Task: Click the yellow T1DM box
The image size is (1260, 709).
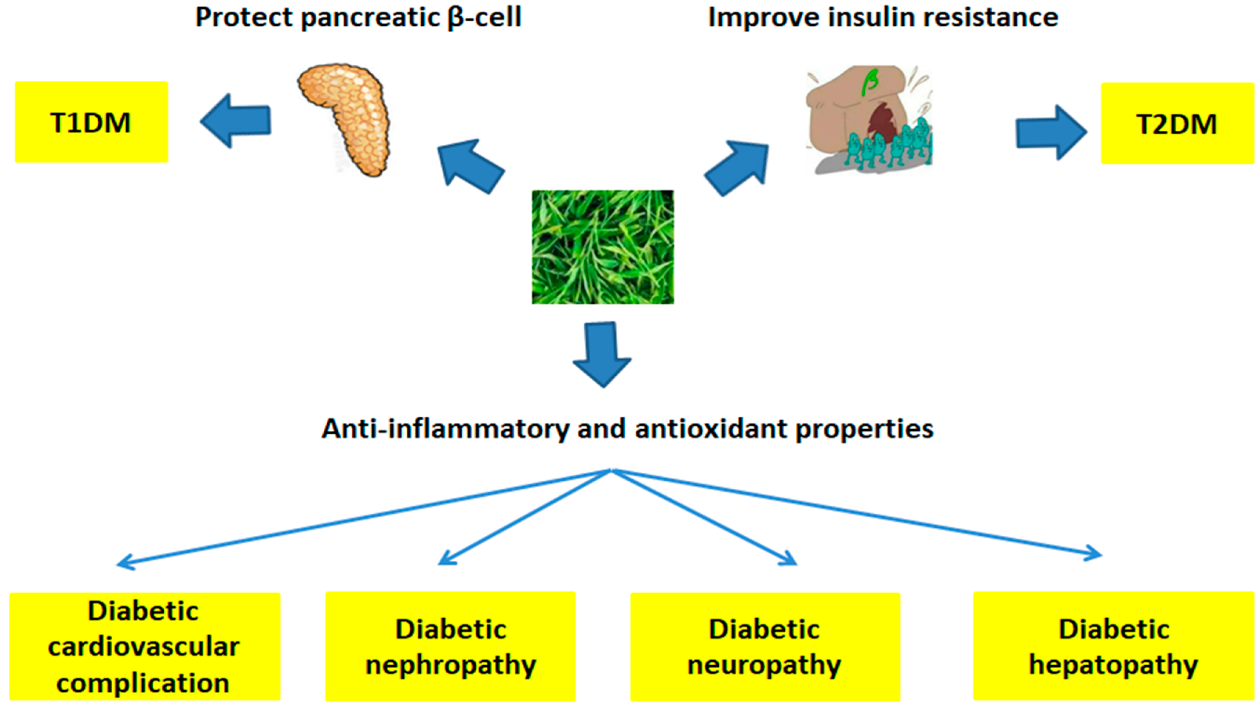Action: [x=91, y=122]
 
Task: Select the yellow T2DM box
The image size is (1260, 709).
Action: [x=1177, y=123]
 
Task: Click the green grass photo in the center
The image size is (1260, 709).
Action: [x=603, y=247]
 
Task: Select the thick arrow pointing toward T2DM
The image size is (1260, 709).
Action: [x=1051, y=132]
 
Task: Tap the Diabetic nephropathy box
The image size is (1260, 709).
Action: [x=450, y=646]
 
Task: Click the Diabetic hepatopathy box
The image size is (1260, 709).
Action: [x=1114, y=646]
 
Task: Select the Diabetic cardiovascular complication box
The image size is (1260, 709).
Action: [x=145, y=646]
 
